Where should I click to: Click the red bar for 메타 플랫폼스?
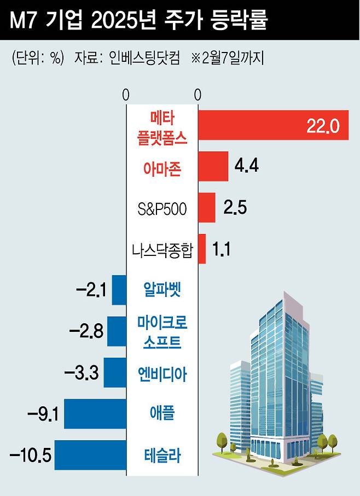(272, 125)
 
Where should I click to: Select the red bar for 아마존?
(213, 166)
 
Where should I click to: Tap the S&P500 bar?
(206, 208)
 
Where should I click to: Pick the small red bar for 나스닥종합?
(202, 249)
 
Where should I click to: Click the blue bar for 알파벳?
(119, 290)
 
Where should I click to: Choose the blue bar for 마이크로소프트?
(117, 331)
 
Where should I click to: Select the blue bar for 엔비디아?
(115, 373)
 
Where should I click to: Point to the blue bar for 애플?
(95, 414)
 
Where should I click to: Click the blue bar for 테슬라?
(90, 455)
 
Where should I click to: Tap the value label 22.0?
(323, 126)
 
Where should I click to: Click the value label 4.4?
(246, 166)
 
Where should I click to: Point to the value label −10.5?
(31, 455)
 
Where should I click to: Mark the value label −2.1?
(91, 290)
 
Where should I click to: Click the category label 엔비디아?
(162, 374)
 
